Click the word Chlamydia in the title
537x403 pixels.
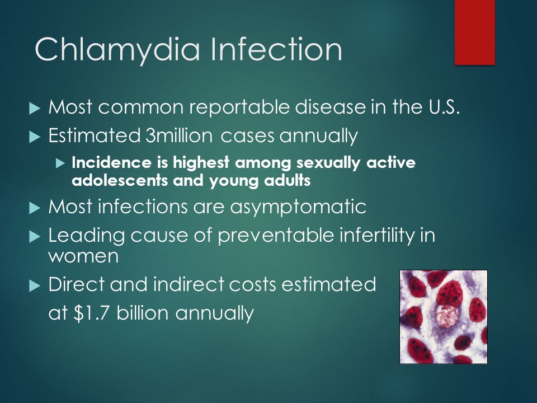coord(117,50)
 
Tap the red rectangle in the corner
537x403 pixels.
coord(475,32)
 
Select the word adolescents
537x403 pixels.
coord(120,180)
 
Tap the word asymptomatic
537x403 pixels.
coord(298,207)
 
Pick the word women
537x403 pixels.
coord(83,256)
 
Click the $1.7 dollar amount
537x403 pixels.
coord(92,313)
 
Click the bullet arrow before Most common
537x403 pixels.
coord(35,109)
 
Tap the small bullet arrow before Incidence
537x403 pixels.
coord(60,163)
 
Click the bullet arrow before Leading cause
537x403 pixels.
coord(35,237)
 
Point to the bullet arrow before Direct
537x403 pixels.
coord(35,286)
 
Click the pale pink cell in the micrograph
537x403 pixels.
coord(446,317)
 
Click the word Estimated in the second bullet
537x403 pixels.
coord(94,135)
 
